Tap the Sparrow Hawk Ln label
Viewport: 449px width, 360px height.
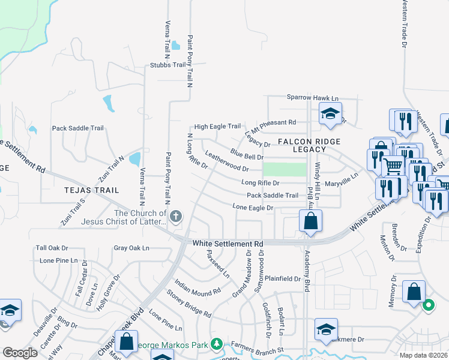point(312,98)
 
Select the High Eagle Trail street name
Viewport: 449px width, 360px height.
point(217,127)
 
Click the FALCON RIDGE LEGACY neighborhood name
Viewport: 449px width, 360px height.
point(309,145)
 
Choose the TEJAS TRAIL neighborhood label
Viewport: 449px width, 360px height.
point(92,190)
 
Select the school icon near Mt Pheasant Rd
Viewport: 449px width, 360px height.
point(330,113)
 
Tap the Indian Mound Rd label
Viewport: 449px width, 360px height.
point(198,288)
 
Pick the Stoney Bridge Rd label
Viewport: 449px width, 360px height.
point(190,305)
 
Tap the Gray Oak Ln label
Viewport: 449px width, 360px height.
point(131,248)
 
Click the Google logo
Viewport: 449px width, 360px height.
point(20,353)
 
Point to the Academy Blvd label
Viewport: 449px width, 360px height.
point(307,271)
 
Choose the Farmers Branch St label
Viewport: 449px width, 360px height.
point(258,349)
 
